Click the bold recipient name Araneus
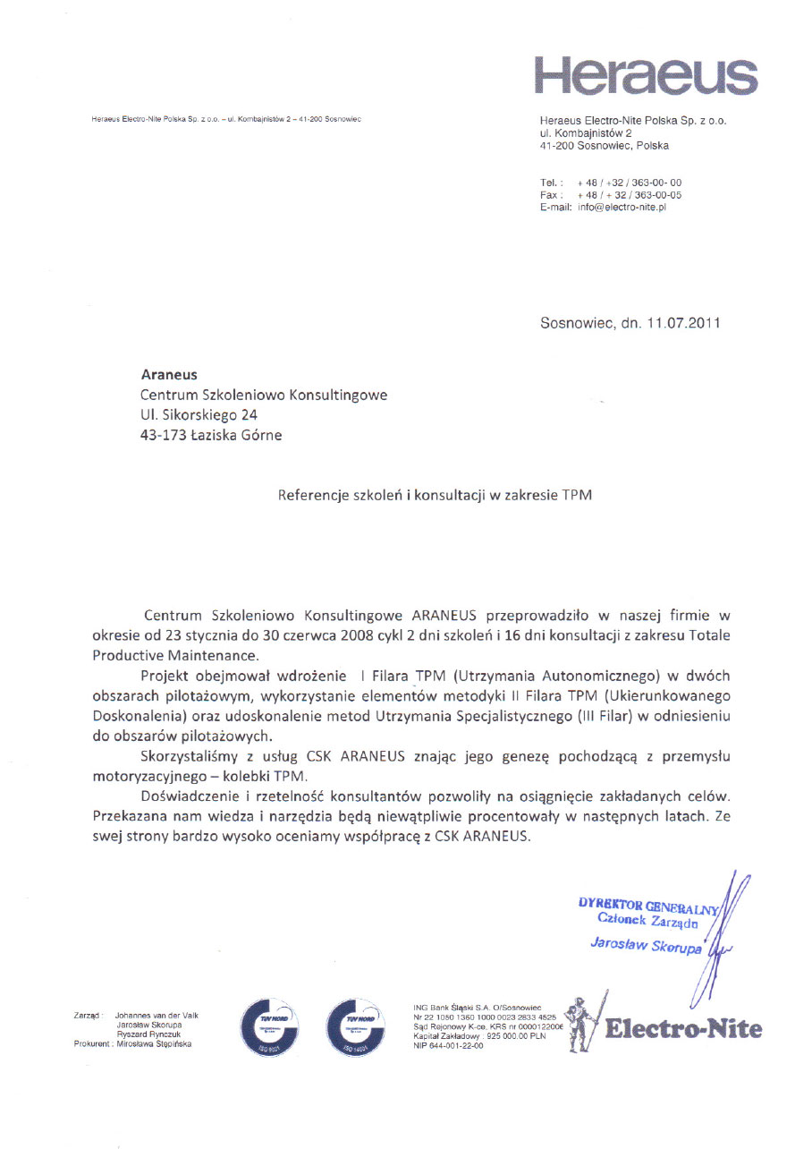169,375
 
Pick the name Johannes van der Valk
157,1016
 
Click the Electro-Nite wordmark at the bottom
684,1029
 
